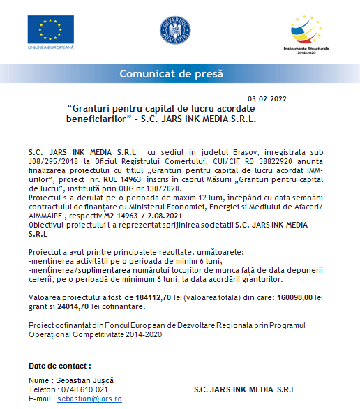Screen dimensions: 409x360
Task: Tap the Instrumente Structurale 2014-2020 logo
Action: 307,35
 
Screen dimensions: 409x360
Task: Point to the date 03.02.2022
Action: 267,99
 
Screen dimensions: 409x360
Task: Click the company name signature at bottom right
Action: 244,389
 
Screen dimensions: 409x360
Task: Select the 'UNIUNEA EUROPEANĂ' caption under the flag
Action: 51,47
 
